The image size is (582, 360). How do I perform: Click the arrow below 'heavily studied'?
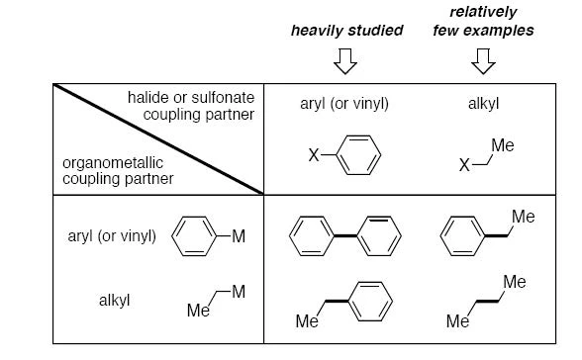tap(345, 61)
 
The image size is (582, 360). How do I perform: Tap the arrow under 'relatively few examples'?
tap(483, 61)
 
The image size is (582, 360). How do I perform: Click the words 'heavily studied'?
tap(347, 31)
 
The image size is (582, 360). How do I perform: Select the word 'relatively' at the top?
tap(483, 12)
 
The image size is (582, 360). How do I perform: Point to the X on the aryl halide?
tap(314, 155)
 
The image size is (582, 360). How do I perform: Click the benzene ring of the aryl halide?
tap(358, 155)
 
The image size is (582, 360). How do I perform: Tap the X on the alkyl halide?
tap(464, 165)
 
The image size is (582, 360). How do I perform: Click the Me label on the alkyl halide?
tap(503, 145)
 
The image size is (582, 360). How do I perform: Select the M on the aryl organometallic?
tap(239, 236)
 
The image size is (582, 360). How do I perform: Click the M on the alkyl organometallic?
tap(239, 292)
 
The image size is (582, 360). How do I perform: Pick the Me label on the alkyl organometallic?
tap(198, 311)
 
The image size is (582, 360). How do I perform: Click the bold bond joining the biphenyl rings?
tap(345, 235)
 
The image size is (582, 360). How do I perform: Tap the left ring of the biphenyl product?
tap(312, 236)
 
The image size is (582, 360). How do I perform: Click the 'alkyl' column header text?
tap(483, 104)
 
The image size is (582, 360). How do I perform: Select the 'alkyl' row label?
tap(115, 301)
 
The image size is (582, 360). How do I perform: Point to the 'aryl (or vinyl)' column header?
tap(344, 104)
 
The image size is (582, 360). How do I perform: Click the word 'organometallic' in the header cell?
tap(113, 163)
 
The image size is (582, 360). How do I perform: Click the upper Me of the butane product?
tap(515, 282)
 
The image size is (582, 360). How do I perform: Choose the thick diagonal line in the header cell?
tap(158, 139)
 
